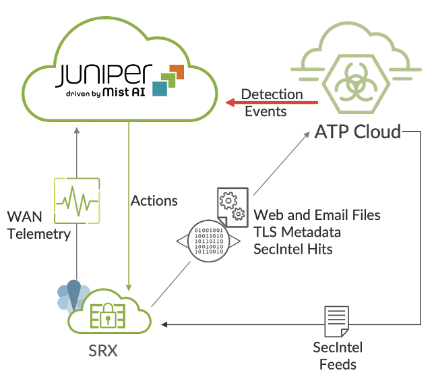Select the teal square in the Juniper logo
click(x=160, y=88)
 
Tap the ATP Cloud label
click(x=357, y=131)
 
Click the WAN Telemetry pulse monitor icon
click(x=76, y=200)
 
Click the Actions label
click(x=154, y=200)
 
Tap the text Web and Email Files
click(x=317, y=215)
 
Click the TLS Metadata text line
click(x=297, y=232)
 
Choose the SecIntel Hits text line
click(x=293, y=249)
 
